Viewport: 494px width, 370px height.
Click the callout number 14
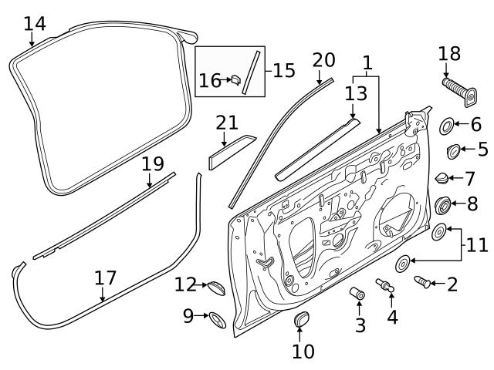[x=35, y=23]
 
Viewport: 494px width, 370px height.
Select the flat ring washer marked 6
[x=447, y=124]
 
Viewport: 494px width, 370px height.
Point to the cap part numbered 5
[x=454, y=150]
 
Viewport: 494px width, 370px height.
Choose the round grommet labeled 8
[x=444, y=205]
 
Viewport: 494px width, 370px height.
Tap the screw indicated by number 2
[x=423, y=282]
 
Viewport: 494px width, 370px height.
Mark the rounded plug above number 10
[x=303, y=320]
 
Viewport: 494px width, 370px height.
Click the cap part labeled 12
[x=215, y=287]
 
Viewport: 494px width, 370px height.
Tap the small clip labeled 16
[x=235, y=79]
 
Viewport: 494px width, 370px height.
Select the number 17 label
[x=106, y=277]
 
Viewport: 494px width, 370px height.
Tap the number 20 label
[x=324, y=60]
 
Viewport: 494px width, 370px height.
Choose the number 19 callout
[x=153, y=163]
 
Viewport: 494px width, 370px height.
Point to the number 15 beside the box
[x=283, y=71]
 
